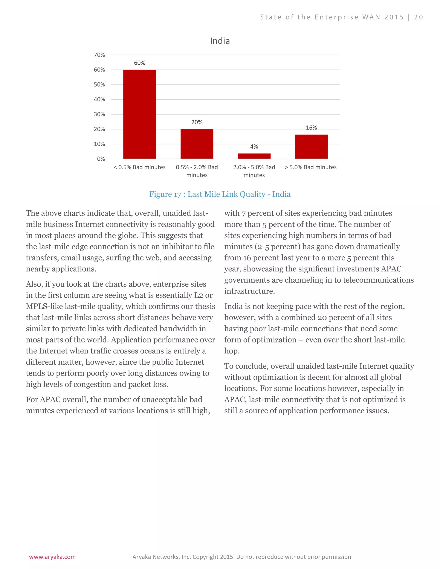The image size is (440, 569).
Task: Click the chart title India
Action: pos(220,41)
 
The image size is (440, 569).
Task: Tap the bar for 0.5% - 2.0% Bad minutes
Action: pos(197,144)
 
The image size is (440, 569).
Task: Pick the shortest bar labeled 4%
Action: pos(254,156)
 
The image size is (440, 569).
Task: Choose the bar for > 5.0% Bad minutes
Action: pos(311,146)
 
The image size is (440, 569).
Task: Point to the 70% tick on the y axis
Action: pos(99,55)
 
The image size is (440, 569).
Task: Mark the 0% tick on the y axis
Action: pos(101,159)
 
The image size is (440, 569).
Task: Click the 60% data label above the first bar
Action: pos(139,63)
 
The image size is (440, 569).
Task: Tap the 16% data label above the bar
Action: pos(311,128)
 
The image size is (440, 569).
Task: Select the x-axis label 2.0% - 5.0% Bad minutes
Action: pos(254,171)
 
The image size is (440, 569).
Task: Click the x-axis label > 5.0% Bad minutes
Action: pos(310,167)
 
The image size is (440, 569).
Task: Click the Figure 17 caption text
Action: pos(220,194)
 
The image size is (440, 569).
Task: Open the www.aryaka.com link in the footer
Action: pos(52,557)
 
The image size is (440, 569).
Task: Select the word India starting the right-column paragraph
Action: pos(233,306)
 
